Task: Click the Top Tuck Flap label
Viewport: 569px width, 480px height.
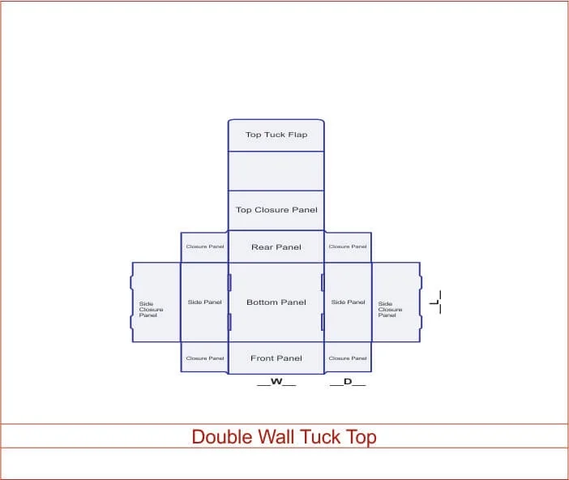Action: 276,135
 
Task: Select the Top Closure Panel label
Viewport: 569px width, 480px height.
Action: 276,210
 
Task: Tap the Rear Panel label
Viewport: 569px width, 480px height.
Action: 276,247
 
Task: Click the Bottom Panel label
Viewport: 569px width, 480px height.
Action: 276,302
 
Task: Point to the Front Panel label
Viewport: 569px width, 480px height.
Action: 276,358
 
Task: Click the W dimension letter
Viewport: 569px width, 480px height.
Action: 276,381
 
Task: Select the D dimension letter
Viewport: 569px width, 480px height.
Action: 348,381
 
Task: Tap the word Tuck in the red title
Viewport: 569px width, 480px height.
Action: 320,437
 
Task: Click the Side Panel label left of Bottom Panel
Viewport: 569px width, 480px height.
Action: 204,302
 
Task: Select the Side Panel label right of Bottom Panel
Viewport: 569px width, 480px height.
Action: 349,302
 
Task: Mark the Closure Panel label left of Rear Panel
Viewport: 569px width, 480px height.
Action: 205,246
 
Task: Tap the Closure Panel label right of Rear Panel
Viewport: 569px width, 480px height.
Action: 348,246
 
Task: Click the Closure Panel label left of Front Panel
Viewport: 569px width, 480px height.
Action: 205,358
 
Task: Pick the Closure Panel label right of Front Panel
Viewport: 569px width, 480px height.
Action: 348,358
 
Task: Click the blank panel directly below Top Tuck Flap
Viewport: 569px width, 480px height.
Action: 276,171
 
